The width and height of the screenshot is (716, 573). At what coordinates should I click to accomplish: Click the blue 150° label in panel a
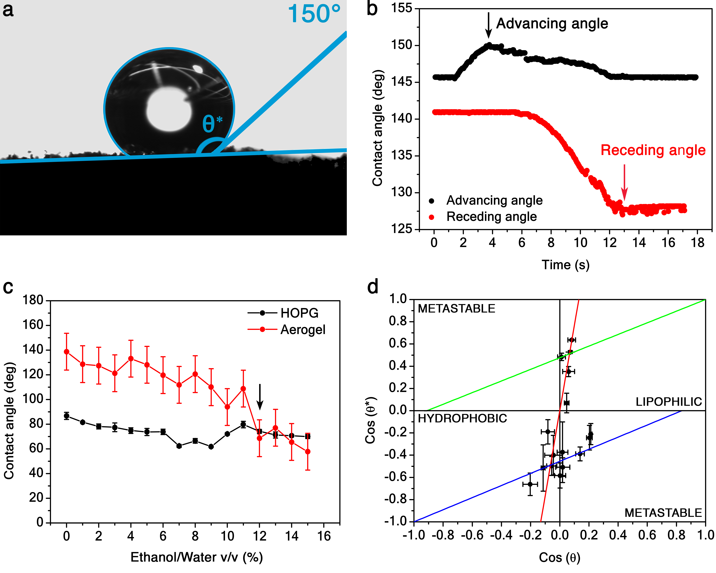pos(314,14)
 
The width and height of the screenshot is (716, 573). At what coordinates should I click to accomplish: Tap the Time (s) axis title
pos(566,265)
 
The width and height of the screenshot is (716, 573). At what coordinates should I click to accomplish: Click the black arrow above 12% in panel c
pos(260,397)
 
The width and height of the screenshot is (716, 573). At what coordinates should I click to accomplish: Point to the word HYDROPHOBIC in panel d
pos(462,418)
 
